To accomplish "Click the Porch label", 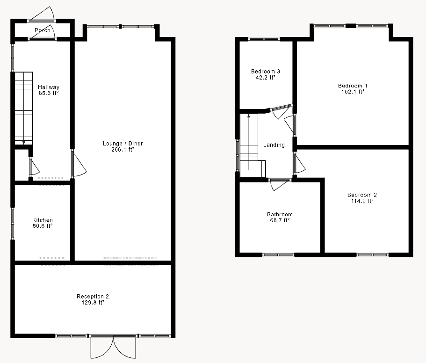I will (42, 30).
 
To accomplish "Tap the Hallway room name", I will (49, 87).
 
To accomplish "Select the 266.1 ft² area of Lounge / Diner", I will (123, 150).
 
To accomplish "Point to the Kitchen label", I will (42, 220).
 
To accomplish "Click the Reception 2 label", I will (93, 296).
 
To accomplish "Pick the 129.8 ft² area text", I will (93, 303).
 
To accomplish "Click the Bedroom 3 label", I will (265, 71).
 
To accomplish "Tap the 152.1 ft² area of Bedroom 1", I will (353, 92).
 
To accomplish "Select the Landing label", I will (274, 145).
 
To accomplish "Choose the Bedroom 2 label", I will (362, 195).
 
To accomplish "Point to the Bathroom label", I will (280, 214).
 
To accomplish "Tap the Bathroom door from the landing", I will (279, 184).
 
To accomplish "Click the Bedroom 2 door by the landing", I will (299, 163).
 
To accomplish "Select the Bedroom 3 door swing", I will (281, 110).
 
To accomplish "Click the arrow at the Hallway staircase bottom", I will (23, 142).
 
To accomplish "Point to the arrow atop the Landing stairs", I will (249, 115).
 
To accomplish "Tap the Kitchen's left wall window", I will (13, 223).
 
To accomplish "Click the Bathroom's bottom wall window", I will (278, 255).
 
